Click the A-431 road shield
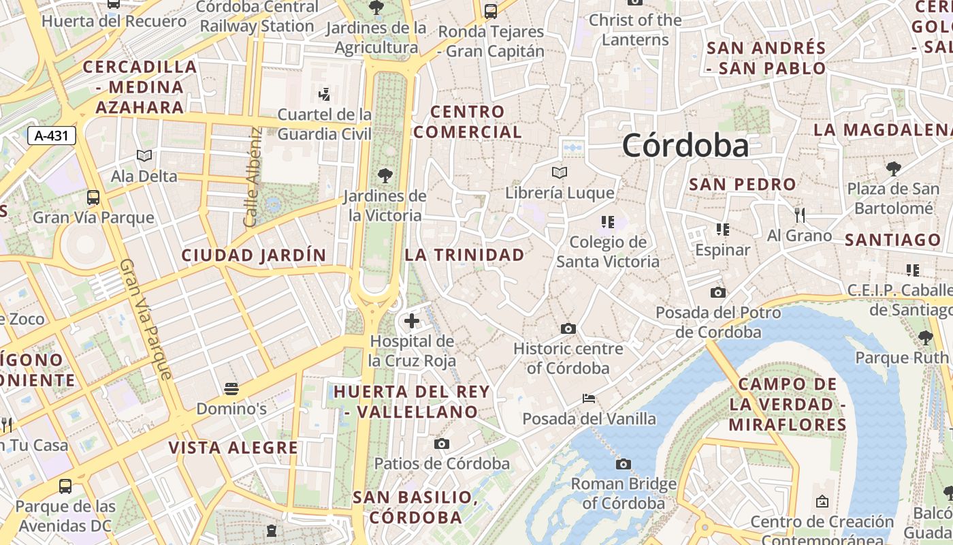[x=52, y=136]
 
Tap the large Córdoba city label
[x=685, y=145]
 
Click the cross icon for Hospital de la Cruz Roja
[x=411, y=320]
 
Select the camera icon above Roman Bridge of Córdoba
[x=623, y=465]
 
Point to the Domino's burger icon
[x=231, y=389]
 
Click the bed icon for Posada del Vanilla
[x=589, y=399]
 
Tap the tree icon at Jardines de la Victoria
[x=385, y=176]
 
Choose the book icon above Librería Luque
[x=560, y=173]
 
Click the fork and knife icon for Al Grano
[x=800, y=215]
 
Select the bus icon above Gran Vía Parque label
[x=93, y=198]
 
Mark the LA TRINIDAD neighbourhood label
[x=465, y=255]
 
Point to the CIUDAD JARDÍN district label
[x=254, y=255]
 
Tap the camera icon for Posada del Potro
[x=718, y=292]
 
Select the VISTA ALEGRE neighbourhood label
[x=233, y=448]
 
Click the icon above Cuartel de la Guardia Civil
[x=325, y=94]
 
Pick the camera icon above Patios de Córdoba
[x=442, y=444]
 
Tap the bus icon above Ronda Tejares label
[x=491, y=12]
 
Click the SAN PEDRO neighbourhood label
[x=743, y=184]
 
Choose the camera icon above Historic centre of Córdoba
[x=568, y=329]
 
